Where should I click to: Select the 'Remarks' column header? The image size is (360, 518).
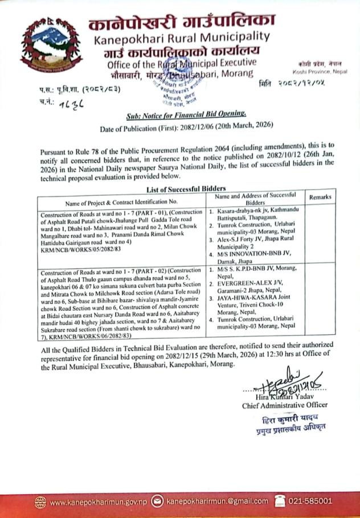[x=320, y=198]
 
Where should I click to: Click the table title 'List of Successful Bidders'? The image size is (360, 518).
[x=179, y=188]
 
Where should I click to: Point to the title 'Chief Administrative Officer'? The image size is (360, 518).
[x=285, y=405]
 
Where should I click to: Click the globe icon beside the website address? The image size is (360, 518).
[x=40, y=501]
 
